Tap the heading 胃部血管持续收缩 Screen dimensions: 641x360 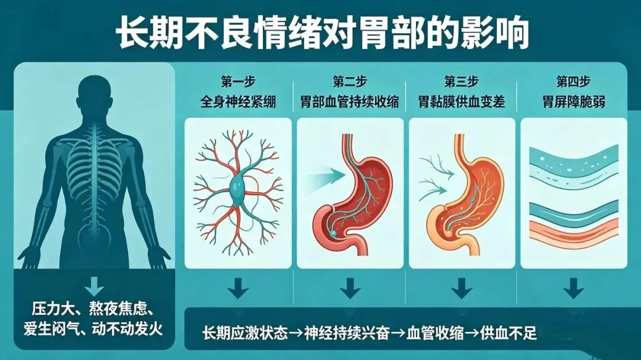coord(350,101)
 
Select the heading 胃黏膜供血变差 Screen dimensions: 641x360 coord(461,101)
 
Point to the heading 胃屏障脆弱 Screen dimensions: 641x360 coord(573,101)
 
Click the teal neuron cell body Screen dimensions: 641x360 coord(238,191)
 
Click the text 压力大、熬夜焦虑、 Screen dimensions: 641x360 coord(94,309)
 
